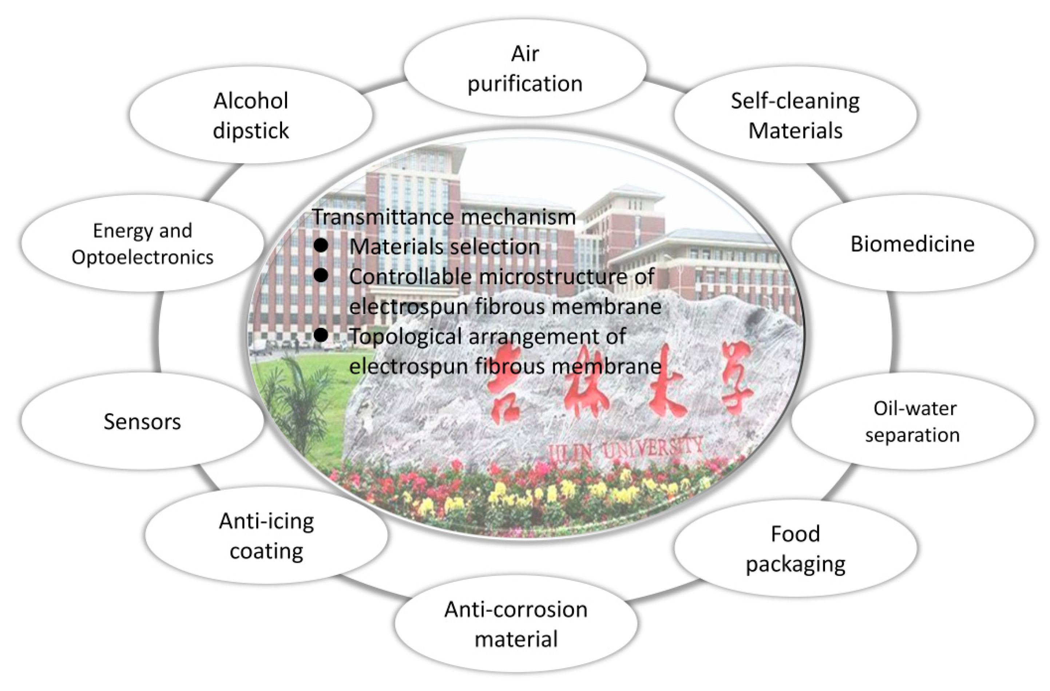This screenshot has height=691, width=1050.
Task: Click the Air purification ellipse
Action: pos(525,68)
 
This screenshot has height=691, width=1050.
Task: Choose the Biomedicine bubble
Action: pos(912,244)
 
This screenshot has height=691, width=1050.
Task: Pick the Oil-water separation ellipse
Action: pos(912,421)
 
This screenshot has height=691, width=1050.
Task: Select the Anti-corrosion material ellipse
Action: pos(516,624)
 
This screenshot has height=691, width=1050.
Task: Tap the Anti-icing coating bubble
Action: pos(266,535)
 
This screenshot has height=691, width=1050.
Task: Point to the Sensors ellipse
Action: pos(142,421)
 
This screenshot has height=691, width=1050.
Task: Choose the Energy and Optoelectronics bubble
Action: pos(142,243)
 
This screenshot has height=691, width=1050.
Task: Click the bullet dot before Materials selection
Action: pos(321,246)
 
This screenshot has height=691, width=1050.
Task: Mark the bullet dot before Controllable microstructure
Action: pos(321,275)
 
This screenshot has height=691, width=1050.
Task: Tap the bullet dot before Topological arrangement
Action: pos(321,335)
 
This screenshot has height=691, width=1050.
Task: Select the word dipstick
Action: pos(251,131)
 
